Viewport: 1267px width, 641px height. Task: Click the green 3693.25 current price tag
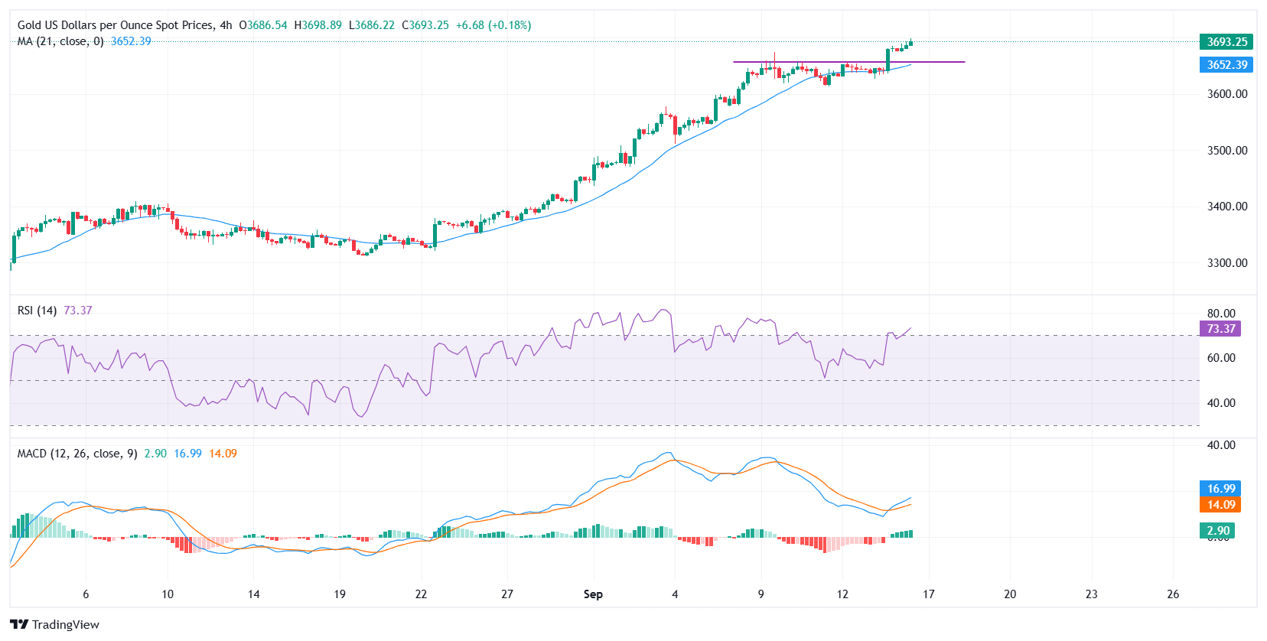pos(1226,42)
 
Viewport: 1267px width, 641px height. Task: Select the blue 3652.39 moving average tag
pos(1226,65)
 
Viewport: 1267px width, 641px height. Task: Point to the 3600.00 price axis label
pos(1227,94)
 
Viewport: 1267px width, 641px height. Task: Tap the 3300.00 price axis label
pos(1227,263)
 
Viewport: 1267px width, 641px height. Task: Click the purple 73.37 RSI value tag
pos(1221,329)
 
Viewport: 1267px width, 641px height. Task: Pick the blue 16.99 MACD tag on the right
pos(1221,489)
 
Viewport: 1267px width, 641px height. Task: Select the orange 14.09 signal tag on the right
pos(1221,505)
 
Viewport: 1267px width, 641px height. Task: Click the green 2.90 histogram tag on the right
pos(1218,531)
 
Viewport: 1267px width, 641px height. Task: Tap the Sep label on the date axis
pos(593,594)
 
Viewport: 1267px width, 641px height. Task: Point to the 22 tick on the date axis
pos(421,594)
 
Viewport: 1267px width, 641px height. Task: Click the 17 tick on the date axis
pos(928,594)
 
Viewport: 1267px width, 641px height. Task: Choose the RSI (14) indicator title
pos(37,311)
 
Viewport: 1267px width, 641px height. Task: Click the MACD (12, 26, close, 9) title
pos(77,454)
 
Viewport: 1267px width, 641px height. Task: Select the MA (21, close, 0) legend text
pos(60,41)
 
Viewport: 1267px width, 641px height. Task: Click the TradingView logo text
pos(65,625)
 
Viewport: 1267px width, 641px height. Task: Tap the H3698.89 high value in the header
pos(318,25)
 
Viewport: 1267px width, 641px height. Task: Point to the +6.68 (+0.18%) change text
pos(493,25)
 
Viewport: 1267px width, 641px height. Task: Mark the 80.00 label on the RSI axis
pos(1221,314)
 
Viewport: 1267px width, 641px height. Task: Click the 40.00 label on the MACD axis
pos(1221,445)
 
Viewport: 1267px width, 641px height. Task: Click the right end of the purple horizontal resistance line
pos(964,62)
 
